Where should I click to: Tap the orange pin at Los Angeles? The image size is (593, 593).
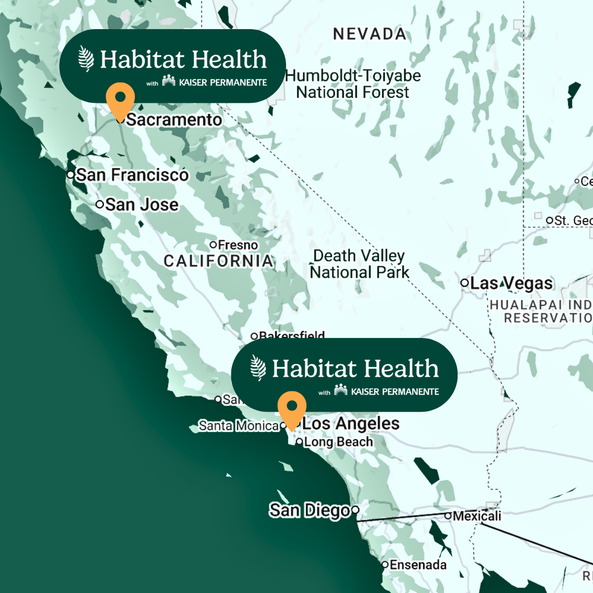[x=292, y=408]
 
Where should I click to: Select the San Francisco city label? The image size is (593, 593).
[x=132, y=175]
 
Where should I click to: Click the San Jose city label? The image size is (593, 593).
[x=141, y=205]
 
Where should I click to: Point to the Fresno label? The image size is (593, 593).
[x=238, y=245]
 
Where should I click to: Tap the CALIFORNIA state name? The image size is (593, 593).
[x=218, y=261]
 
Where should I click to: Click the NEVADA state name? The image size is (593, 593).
[x=370, y=34]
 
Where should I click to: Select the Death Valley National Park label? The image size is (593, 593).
[x=359, y=264]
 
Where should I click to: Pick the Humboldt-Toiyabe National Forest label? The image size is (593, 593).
[x=353, y=84]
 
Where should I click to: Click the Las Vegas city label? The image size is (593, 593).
[x=511, y=283]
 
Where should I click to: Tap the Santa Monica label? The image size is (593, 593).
[x=239, y=425]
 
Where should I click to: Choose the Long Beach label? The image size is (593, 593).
[x=338, y=442]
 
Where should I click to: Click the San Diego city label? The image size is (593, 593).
[x=309, y=510]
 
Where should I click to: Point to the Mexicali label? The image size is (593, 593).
[x=477, y=516]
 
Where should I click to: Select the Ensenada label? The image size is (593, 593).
[x=418, y=565]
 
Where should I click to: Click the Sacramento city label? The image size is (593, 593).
[x=174, y=120]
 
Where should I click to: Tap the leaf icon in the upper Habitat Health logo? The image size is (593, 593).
[x=86, y=59]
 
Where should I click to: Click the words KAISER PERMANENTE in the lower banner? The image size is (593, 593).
[x=395, y=392]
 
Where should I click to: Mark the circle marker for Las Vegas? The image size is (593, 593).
[x=464, y=283]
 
